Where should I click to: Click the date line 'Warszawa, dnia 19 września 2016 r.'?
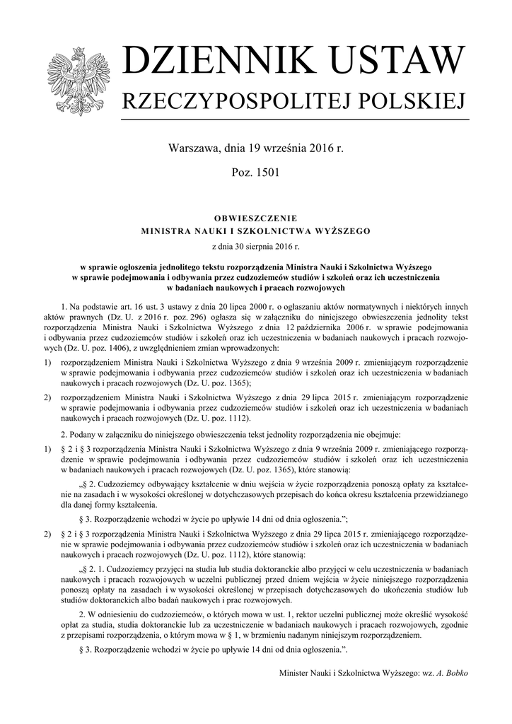pyautogui.click(x=256, y=149)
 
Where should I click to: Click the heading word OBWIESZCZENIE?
pyautogui.click(x=256, y=218)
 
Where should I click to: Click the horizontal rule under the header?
pyautogui.click(x=296, y=121)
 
